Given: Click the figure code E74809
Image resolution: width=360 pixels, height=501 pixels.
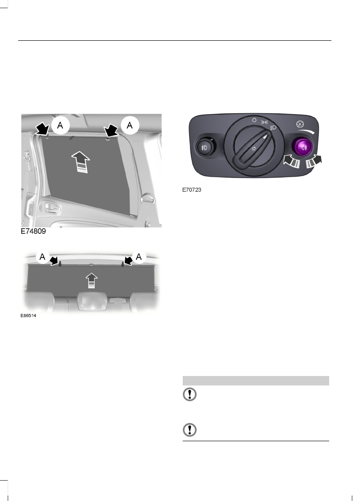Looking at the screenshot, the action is coord(33,231).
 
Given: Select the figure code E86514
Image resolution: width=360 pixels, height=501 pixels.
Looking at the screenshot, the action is coord(29,315).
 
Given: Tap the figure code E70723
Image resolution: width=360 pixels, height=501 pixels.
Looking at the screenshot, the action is coord(192,189).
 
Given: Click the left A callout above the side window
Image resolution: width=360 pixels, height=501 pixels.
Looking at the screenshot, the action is coord(60,125).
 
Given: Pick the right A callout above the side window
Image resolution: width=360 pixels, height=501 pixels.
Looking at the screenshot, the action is coord(130,125).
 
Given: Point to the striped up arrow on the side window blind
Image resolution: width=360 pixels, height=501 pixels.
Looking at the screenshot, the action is coord(81,162).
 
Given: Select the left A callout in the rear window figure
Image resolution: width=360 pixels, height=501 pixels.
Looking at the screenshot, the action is coord(43,257).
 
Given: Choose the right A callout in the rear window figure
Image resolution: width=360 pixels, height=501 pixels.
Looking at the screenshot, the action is coord(139,257).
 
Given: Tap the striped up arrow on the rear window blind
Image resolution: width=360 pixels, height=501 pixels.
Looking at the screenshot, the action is coord(92,280).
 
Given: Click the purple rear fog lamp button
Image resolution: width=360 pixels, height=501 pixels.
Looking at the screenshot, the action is coord(302,147).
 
